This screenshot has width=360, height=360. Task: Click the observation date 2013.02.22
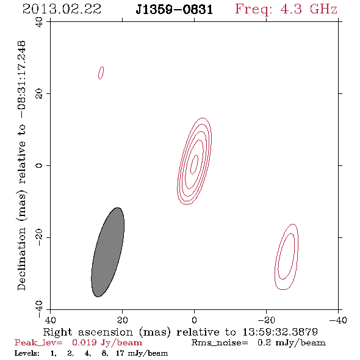point(62,9)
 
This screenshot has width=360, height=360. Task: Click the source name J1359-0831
point(175,10)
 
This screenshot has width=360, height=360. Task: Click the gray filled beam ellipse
point(107,252)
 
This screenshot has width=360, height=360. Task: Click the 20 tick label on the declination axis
point(39,94)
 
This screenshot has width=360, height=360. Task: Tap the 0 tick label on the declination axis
point(39,165)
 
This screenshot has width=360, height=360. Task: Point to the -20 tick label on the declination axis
point(39,237)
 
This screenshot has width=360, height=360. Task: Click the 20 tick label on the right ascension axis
point(122,320)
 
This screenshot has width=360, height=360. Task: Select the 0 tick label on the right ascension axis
point(194,320)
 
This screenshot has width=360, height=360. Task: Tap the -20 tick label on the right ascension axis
point(266,320)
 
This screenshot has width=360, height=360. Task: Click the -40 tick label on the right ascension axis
point(338,320)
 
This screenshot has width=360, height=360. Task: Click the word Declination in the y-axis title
point(21,259)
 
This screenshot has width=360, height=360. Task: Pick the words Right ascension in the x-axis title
point(88,332)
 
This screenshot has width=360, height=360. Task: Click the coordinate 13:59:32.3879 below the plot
point(280,332)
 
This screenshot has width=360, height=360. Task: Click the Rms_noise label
point(220,343)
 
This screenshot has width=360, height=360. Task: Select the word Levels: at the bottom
point(27,353)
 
